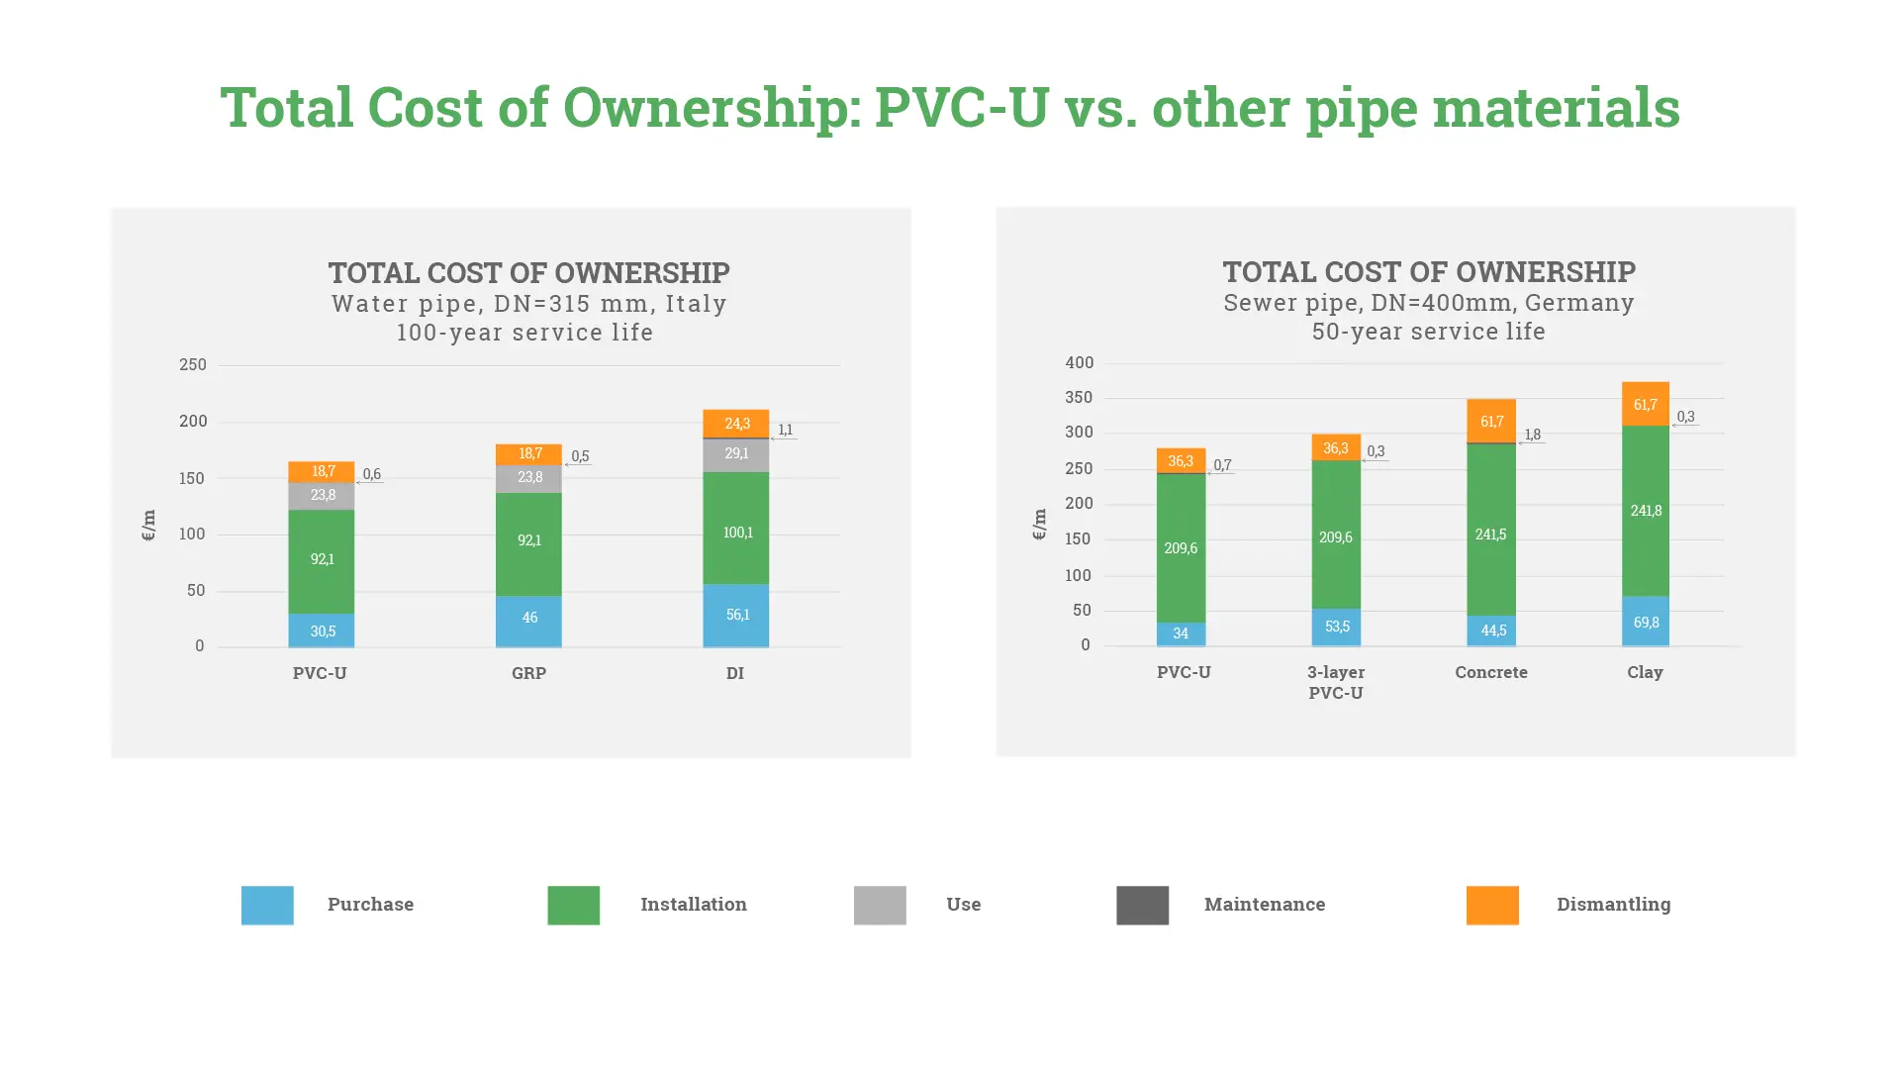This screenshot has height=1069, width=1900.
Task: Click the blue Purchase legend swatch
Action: click(x=267, y=905)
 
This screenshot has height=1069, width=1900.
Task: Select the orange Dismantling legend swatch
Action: click(x=1492, y=905)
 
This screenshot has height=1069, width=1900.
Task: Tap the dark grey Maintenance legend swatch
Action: click(x=1142, y=905)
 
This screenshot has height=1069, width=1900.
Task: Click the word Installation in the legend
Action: click(x=693, y=904)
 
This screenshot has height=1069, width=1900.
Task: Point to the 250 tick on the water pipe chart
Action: click(x=193, y=364)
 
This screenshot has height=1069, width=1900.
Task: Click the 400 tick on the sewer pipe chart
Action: click(x=1079, y=362)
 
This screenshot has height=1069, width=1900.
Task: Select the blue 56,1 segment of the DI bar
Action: click(x=736, y=615)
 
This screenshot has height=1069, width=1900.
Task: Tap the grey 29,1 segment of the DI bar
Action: click(x=736, y=454)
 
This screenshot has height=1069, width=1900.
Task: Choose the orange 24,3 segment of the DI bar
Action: click(x=736, y=423)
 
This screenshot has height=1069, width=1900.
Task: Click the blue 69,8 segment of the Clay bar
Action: click(x=1646, y=621)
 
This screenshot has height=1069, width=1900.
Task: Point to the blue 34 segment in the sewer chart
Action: click(x=1181, y=633)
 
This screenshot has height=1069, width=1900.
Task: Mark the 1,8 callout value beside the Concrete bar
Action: click(x=1533, y=434)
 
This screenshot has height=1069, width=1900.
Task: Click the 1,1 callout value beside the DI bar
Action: click(x=786, y=430)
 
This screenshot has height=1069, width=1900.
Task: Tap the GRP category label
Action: click(x=528, y=673)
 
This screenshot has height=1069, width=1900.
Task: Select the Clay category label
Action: click(x=1645, y=672)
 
